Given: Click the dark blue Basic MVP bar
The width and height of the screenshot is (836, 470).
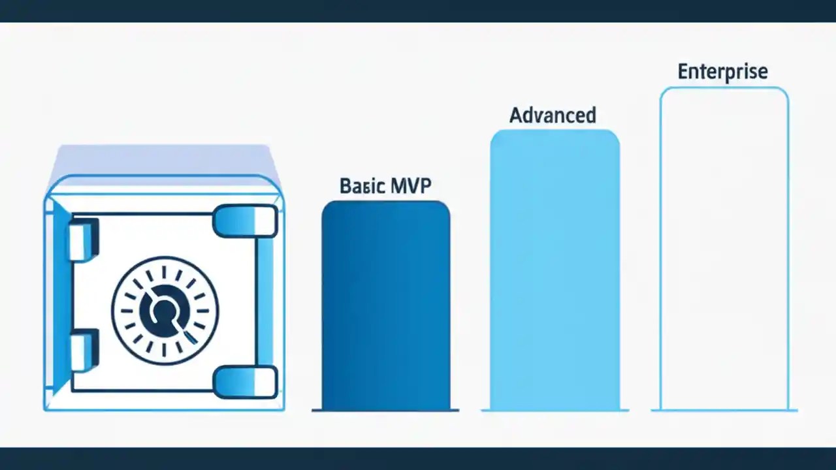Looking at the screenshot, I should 385,307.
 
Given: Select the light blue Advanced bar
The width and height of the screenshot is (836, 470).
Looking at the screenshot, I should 555,271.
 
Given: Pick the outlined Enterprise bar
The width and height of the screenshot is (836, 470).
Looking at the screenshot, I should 724,248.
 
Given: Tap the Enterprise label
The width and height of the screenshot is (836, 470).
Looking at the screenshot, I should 722,71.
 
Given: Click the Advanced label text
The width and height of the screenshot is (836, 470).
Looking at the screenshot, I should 553,116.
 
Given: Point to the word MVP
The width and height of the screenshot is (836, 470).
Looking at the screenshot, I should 409,186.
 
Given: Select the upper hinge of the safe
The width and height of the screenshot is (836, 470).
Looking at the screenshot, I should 84,239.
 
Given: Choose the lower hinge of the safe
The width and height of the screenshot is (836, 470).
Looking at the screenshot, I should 84,351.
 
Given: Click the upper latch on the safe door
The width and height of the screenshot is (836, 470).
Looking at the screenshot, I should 245,221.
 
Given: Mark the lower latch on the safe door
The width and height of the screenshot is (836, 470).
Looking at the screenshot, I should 245,382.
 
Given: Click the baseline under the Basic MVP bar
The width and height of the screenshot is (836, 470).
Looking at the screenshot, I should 385,410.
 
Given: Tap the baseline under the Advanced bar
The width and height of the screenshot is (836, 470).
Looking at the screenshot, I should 555,410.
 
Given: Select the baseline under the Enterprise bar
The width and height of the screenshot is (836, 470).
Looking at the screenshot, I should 724,410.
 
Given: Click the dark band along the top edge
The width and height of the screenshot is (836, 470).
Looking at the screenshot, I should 418,10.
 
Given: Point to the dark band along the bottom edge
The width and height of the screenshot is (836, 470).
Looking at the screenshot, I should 418,458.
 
